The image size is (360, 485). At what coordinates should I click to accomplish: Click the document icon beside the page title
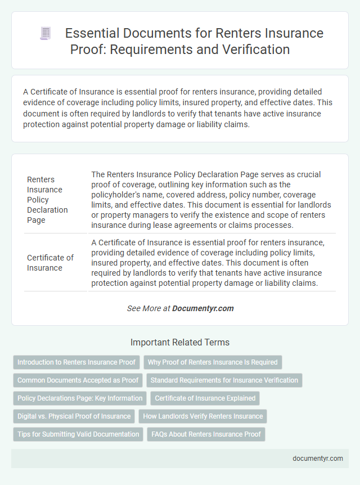(x=45, y=34)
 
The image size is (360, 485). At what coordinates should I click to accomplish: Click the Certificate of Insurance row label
(x=50, y=263)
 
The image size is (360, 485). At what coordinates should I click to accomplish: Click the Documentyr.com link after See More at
(x=202, y=308)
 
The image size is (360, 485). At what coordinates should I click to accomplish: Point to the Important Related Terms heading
(x=179, y=342)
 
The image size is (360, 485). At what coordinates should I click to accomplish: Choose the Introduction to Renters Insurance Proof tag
(x=76, y=362)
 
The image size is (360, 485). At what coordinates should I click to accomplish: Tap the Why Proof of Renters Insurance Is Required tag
(x=213, y=362)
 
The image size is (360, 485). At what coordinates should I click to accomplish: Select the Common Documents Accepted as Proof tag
(x=78, y=380)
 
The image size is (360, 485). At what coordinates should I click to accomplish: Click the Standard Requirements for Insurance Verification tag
(x=224, y=380)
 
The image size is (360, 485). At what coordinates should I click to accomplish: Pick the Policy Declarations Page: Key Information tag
(x=80, y=398)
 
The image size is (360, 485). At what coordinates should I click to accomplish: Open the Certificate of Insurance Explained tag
(x=205, y=398)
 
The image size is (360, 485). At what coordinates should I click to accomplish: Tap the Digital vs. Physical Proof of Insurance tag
(x=74, y=416)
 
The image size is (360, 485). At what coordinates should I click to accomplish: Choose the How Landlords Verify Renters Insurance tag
(x=202, y=416)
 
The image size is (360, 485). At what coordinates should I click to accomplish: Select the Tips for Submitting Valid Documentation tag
(x=78, y=434)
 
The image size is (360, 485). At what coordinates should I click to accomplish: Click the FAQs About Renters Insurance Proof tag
(x=206, y=434)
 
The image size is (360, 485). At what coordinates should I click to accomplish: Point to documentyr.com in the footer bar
(x=318, y=458)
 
